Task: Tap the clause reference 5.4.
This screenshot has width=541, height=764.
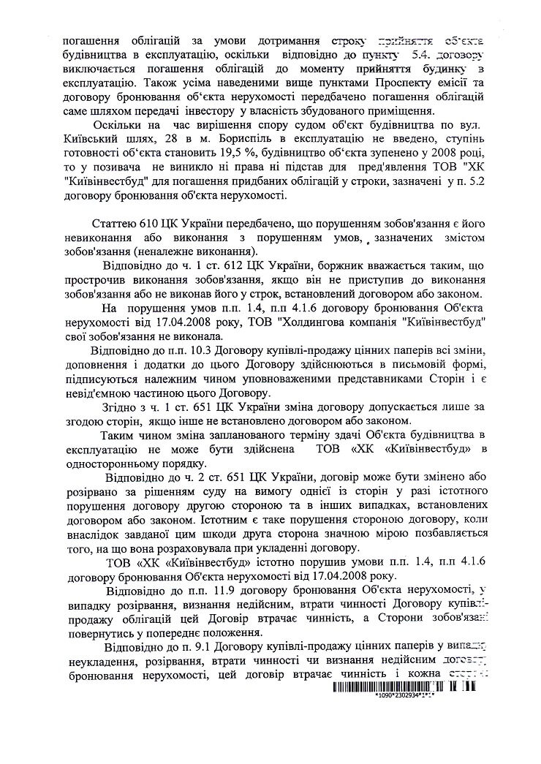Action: pyautogui.click(x=417, y=55)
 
